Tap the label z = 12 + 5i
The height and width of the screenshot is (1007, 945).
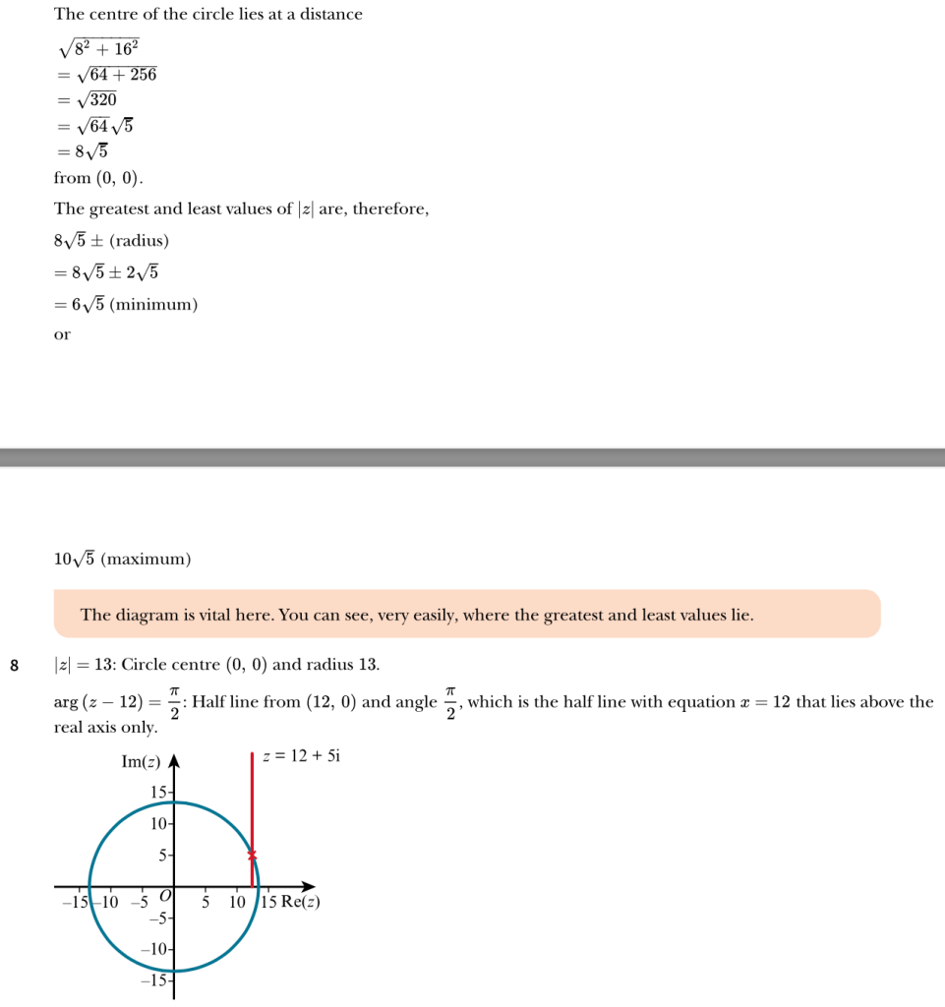[x=301, y=756]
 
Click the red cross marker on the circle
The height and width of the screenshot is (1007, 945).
[x=252, y=855]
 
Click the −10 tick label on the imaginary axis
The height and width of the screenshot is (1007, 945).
[x=155, y=950]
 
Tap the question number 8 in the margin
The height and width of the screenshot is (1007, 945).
[x=14, y=666]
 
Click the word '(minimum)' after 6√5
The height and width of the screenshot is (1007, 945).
[x=153, y=305]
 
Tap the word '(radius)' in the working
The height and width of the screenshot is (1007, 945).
[x=140, y=241]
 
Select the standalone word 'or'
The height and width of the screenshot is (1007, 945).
[x=62, y=335]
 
